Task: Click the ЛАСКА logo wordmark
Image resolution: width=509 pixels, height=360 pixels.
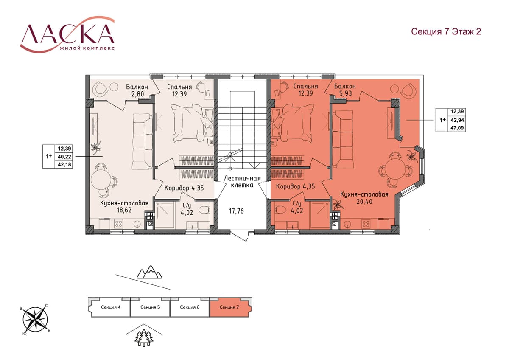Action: [x=67, y=34]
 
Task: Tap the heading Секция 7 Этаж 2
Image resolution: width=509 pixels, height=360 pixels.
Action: [x=446, y=31]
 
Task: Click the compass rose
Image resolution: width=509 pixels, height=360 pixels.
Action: [x=35, y=320]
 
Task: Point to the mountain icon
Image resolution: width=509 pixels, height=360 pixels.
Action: [x=149, y=272]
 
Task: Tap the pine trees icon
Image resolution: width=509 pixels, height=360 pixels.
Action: [x=144, y=338]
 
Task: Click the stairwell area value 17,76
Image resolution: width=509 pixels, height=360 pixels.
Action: [x=236, y=211]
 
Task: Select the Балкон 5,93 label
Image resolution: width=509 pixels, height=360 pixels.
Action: [x=345, y=90]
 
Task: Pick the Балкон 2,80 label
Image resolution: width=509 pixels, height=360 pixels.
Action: [x=137, y=90]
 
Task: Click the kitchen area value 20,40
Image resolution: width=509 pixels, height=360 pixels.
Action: [x=364, y=202]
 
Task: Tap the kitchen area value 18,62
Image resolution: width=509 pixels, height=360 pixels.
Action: [x=124, y=210]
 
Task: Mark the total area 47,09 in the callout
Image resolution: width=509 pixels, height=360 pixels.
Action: [x=457, y=128]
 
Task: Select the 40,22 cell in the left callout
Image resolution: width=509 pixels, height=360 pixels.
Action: [x=64, y=157]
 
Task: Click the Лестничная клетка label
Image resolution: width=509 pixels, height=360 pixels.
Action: [x=242, y=182]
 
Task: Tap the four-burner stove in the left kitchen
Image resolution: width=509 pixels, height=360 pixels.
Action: [x=118, y=223]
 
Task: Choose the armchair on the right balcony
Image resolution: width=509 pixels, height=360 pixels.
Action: [x=409, y=91]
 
